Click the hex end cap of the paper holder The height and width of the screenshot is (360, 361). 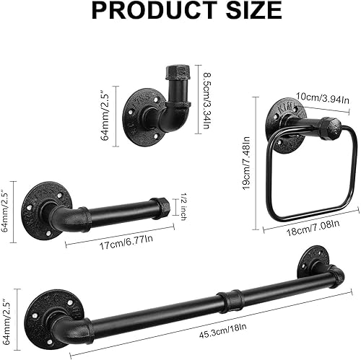(x=163, y=207)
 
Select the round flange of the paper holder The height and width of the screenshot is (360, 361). (x=42, y=203)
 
